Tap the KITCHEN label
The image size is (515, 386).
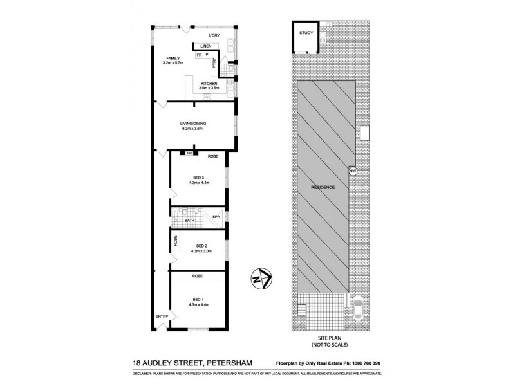click(x=209, y=84)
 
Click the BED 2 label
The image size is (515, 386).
click(x=201, y=245)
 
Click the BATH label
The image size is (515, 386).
click(x=190, y=221)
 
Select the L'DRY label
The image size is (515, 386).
click(x=214, y=35)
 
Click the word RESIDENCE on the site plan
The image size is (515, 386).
click(x=323, y=187)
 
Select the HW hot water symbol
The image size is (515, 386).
click(x=353, y=171)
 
